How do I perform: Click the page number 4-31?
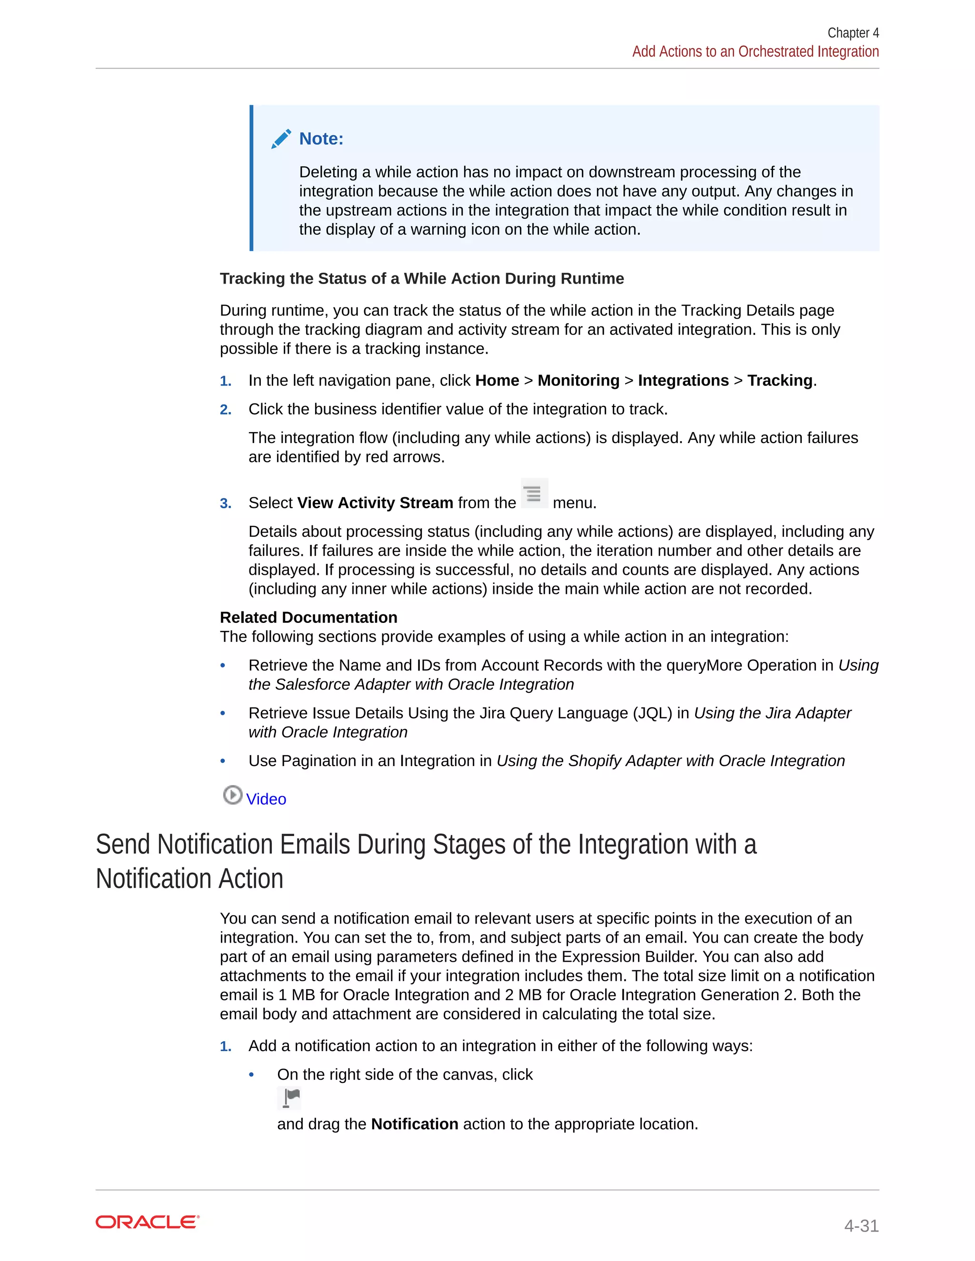(861, 1225)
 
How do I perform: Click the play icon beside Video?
(232, 795)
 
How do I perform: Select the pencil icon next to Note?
(281, 138)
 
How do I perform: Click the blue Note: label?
(321, 138)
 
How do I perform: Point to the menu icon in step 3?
(534, 493)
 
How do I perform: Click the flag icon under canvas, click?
(290, 1098)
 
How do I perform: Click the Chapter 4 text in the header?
(853, 33)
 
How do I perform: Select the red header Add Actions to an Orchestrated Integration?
(755, 52)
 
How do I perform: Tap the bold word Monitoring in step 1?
(578, 381)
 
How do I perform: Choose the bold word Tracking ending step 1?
(779, 381)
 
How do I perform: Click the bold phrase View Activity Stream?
(375, 503)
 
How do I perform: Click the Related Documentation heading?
(308, 617)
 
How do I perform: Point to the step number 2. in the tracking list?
(226, 410)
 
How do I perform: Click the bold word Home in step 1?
(497, 381)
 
